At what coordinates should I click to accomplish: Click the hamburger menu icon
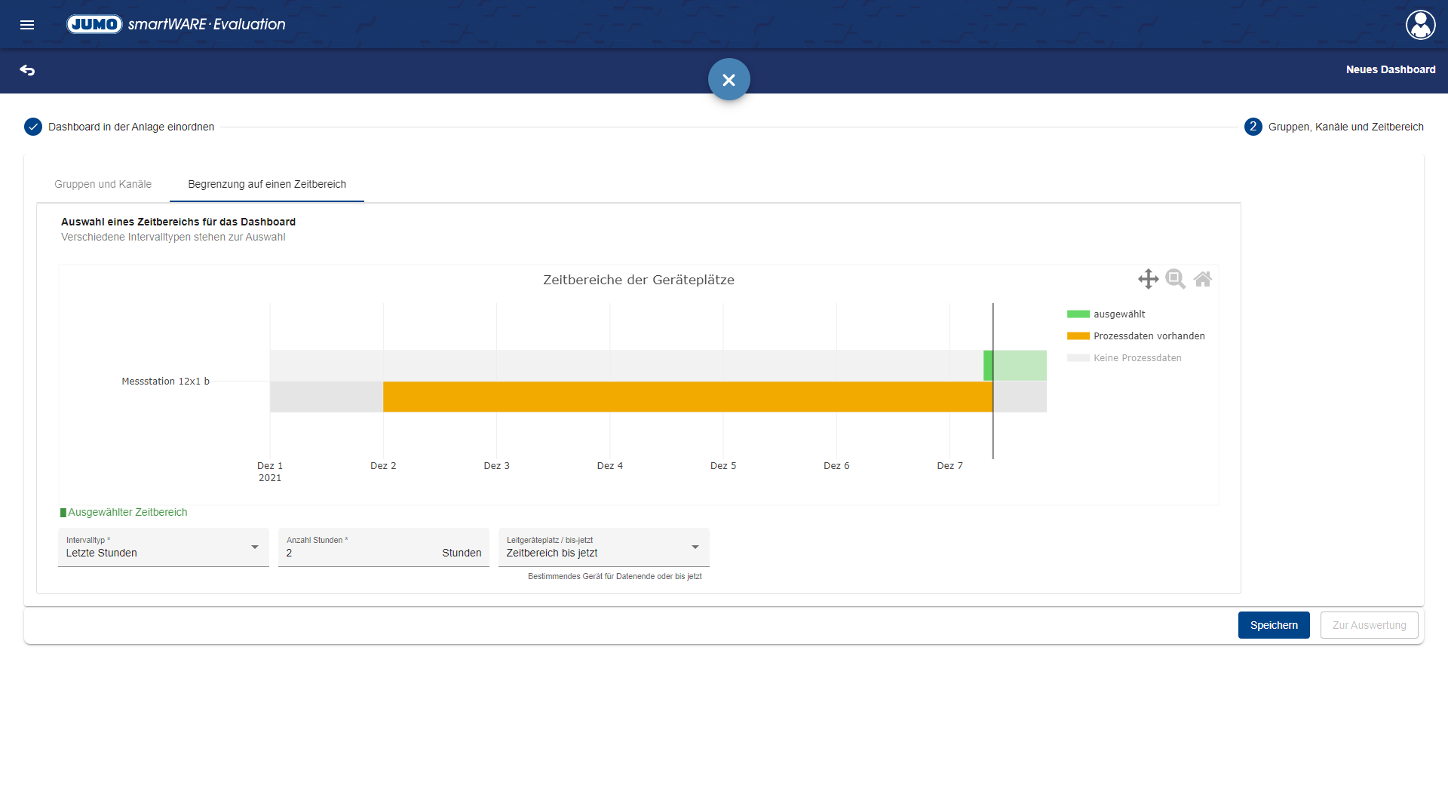pos(27,25)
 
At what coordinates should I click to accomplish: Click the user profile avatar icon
pos(1420,25)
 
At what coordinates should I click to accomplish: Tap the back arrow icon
pos(27,70)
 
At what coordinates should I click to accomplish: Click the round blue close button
pos(729,79)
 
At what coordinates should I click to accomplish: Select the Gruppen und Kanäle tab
pos(103,184)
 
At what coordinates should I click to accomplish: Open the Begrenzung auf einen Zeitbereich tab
pos(267,184)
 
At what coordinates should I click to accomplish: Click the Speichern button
pos(1273,625)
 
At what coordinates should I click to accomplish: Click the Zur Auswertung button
pos(1369,625)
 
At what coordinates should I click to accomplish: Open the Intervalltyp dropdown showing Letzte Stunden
pos(163,547)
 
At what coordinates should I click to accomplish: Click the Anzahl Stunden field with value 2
pos(362,553)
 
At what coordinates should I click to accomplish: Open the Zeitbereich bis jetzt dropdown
pos(603,547)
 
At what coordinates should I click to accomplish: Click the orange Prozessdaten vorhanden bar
pos(686,397)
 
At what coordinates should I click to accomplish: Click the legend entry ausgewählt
pos(1118,314)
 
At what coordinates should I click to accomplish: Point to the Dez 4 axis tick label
pos(609,466)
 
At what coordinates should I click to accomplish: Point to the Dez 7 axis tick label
pos(949,466)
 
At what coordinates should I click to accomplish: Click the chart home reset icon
pos(1203,279)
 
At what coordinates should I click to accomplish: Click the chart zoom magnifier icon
pos(1175,279)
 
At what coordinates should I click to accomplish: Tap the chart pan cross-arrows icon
pos(1148,279)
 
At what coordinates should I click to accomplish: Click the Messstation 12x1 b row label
pos(165,382)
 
